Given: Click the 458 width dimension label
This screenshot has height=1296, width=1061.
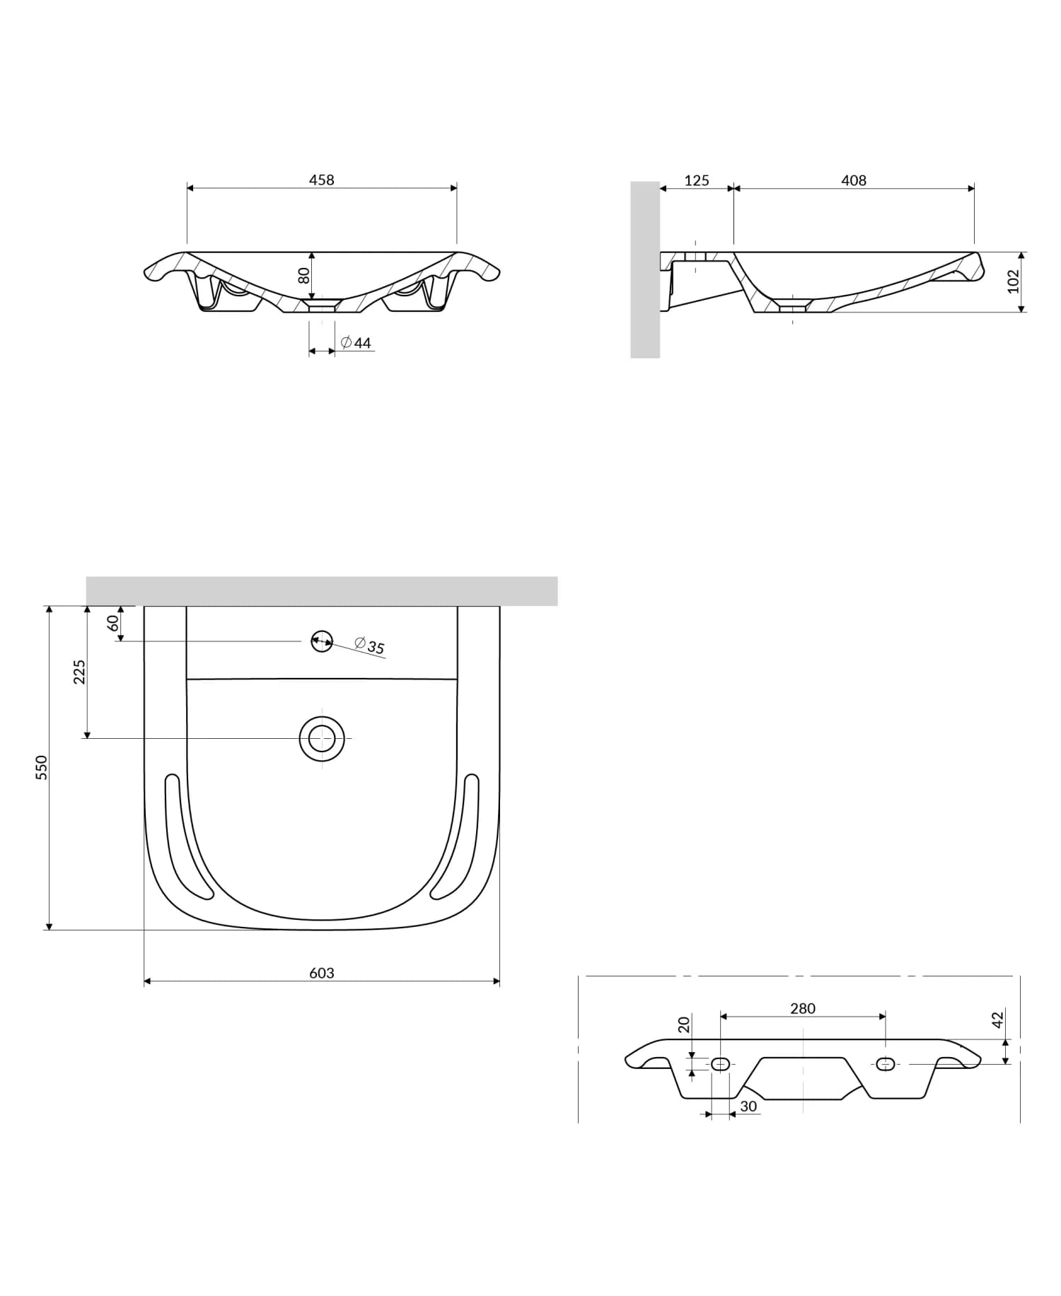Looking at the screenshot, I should point(321,180).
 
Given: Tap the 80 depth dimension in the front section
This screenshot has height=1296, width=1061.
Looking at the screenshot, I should point(304,275).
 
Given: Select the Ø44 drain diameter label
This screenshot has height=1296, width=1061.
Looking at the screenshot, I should point(356,343).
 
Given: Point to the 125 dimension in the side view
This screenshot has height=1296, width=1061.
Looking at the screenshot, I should point(696,181).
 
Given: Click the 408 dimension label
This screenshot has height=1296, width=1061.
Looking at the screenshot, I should point(854,181).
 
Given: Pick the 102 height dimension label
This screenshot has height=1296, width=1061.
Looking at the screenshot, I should point(1013,281).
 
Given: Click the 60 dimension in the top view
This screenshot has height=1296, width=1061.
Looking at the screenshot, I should point(112,624).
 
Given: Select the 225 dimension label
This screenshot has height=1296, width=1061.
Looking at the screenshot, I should point(79,672).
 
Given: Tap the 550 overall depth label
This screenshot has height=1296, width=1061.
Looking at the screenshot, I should point(42,767).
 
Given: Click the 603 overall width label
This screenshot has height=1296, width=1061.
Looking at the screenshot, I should point(321,973).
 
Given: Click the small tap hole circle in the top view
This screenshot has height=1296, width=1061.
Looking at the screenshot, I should point(322,641).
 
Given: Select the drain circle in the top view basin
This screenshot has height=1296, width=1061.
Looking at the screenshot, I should point(322,738).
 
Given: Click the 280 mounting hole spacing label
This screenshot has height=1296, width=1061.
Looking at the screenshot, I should point(803,1009).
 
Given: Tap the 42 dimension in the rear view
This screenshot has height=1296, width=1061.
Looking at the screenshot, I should point(997,1020).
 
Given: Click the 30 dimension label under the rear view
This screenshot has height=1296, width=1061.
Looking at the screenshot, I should point(748,1107).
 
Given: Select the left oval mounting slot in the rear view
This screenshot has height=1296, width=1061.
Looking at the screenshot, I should point(720,1064).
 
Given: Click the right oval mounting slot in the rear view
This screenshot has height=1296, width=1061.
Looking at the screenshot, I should point(886,1064).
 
